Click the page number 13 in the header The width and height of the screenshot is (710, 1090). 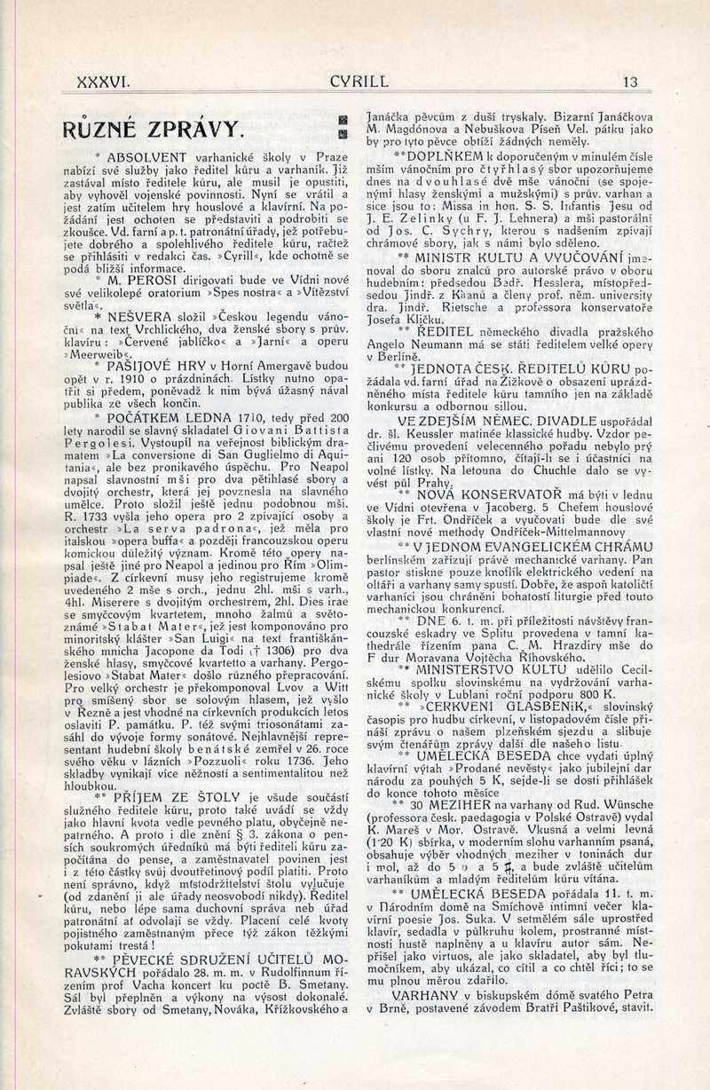coord(630,83)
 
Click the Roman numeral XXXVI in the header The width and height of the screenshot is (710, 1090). coord(104,83)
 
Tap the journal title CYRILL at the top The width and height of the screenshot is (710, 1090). coord(359,83)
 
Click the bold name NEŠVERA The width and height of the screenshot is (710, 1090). coord(142,315)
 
